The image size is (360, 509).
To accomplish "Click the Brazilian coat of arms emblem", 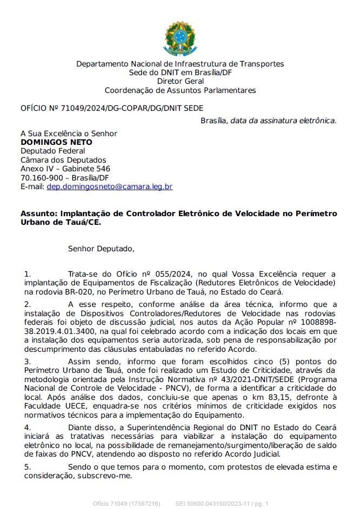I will pos(179,38).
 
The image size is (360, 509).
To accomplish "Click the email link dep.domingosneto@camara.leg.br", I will pos(110,186).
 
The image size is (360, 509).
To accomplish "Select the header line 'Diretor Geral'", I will pos(180,82).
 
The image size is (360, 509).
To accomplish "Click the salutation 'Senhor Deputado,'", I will pos(101,249).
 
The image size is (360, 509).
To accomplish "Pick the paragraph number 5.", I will pos(28,466).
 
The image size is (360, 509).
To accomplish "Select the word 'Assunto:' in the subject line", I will pos(39,213).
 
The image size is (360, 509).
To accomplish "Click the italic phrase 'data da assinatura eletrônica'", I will pos(282,120).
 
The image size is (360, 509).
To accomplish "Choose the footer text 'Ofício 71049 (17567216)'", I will pos(126,504).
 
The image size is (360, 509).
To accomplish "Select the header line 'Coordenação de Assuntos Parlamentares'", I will pos(180,90).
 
